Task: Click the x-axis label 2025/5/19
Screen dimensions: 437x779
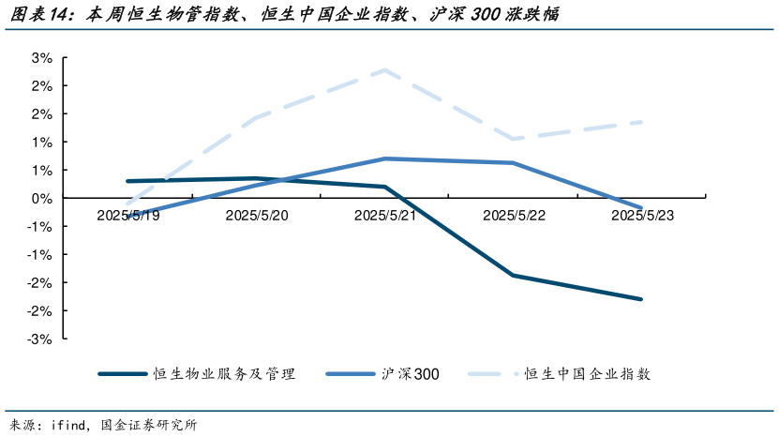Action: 127,215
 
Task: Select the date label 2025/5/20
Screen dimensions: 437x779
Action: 256,215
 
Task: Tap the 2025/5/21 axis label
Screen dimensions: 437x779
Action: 384,215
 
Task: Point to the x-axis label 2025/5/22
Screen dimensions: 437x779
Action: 513,215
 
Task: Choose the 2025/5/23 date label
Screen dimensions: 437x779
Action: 642,215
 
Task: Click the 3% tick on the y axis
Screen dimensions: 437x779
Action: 41,57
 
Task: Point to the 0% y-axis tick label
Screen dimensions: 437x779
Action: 41,198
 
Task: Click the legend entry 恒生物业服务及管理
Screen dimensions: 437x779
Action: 224,373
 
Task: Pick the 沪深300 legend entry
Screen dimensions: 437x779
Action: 410,373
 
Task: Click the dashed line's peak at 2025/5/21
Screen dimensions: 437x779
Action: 384,70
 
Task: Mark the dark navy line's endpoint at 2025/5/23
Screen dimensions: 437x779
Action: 641,299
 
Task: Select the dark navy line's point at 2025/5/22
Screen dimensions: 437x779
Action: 513,275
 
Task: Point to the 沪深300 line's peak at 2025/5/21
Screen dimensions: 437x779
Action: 384,158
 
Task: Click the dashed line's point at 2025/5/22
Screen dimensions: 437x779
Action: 513,139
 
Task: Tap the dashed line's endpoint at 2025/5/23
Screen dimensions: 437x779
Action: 641,122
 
